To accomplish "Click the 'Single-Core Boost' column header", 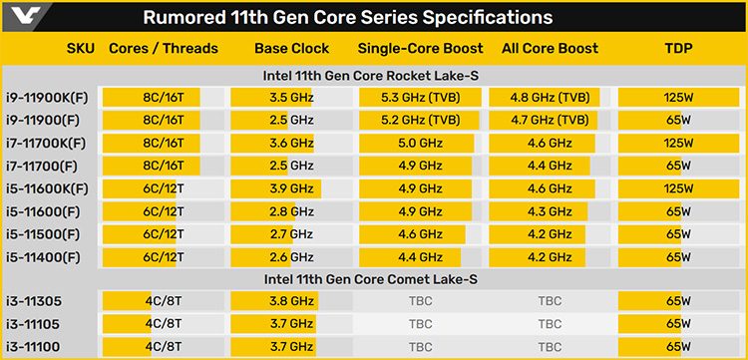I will coord(419,48).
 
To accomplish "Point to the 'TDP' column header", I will coord(679,48).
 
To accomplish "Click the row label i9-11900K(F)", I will coord(51,98).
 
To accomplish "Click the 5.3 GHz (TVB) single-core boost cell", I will coord(419,98).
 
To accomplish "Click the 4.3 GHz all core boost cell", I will coord(550,211).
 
